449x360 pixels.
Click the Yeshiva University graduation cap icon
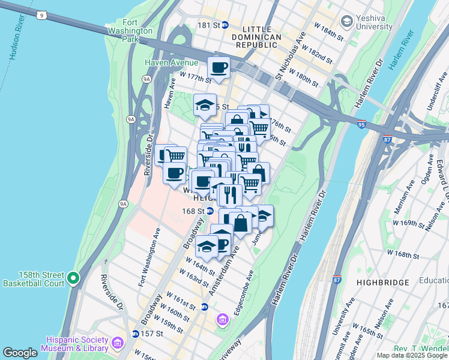346,22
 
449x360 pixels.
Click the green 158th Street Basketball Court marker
73,277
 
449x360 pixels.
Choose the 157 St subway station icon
136,334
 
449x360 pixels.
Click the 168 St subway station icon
210,211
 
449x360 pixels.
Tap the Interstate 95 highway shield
360,125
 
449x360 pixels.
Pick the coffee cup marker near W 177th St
219,67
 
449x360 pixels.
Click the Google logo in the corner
20,353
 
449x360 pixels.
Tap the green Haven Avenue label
171,63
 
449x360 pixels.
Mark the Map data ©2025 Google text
411,355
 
